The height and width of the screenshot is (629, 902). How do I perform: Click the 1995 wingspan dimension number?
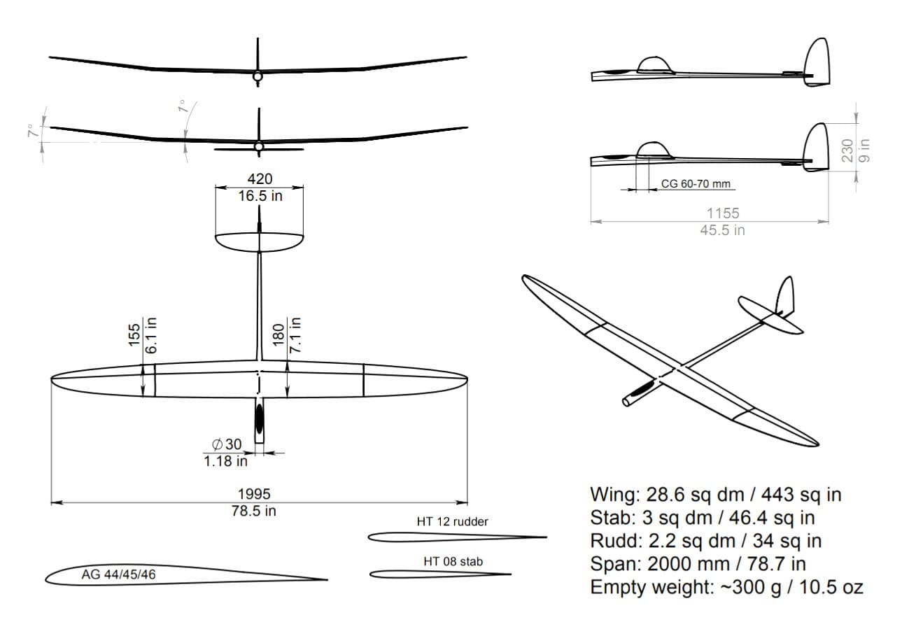click(254, 494)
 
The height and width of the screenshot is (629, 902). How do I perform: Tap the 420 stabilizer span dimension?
click(260, 178)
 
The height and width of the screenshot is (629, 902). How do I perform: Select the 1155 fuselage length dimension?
click(724, 213)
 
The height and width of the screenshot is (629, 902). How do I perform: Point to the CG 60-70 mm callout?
click(696, 183)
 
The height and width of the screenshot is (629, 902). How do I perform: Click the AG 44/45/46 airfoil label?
click(118, 574)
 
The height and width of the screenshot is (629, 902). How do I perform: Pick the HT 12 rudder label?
click(452, 521)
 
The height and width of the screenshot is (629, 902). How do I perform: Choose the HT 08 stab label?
click(453, 561)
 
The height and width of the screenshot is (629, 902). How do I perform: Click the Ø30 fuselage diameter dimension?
click(227, 444)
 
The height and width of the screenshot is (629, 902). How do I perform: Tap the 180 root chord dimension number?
click(279, 335)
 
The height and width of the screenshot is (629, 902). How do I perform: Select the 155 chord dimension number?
click(134, 334)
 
